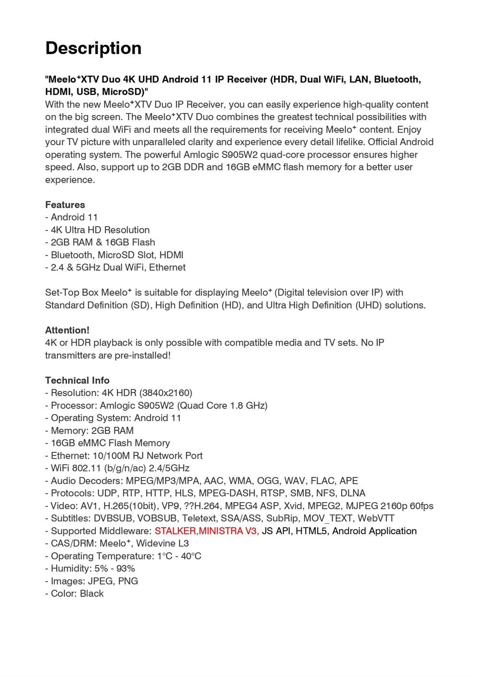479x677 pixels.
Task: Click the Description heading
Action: click(x=93, y=48)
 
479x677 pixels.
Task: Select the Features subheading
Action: click(x=65, y=205)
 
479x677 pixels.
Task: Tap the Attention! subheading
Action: click(x=67, y=330)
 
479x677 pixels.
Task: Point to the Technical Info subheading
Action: click(x=77, y=380)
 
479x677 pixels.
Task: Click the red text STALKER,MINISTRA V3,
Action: click(x=206, y=531)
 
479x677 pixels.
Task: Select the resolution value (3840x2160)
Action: click(x=166, y=393)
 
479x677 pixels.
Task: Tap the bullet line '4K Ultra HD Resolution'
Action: click(x=100, y=230)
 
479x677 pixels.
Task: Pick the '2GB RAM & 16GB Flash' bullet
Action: click(x=103, y=242)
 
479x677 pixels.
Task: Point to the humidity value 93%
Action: click(x=125, y=569)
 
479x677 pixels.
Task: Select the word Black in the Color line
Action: click(x=92, y=594)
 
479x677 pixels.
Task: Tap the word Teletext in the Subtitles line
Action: click(x=199, y=518)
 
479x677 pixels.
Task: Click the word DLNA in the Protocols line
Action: click(x=353, y=493)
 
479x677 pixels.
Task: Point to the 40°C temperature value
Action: click(x=191, y=556)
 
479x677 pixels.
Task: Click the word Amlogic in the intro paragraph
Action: click(x=201, y=155)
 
